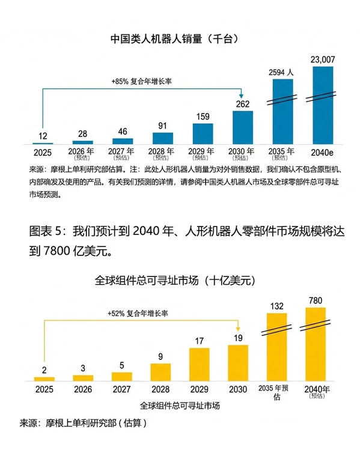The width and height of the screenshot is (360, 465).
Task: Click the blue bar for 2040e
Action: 323,105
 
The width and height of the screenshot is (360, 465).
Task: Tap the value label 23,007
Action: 323,59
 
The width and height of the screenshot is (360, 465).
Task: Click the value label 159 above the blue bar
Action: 203,117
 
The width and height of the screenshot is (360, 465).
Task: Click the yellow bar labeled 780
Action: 316,344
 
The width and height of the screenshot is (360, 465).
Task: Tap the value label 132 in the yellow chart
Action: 277,306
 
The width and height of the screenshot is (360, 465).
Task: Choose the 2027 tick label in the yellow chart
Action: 121,389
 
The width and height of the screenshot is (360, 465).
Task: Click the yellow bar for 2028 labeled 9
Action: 160,371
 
